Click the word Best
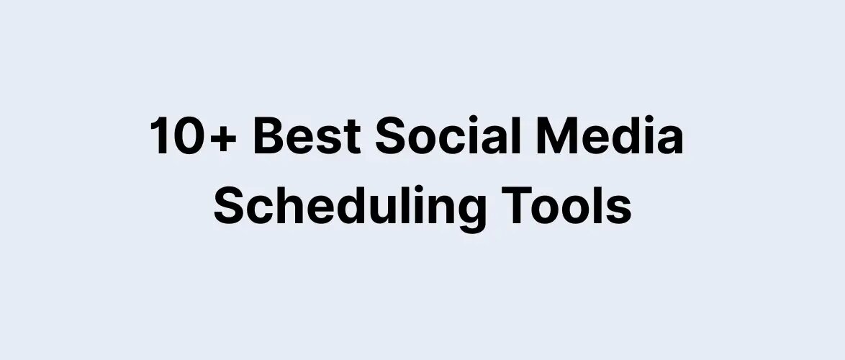[306, 137]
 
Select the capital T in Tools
[515, 205]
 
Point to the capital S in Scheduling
[230, 205]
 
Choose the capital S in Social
[392, 137]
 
